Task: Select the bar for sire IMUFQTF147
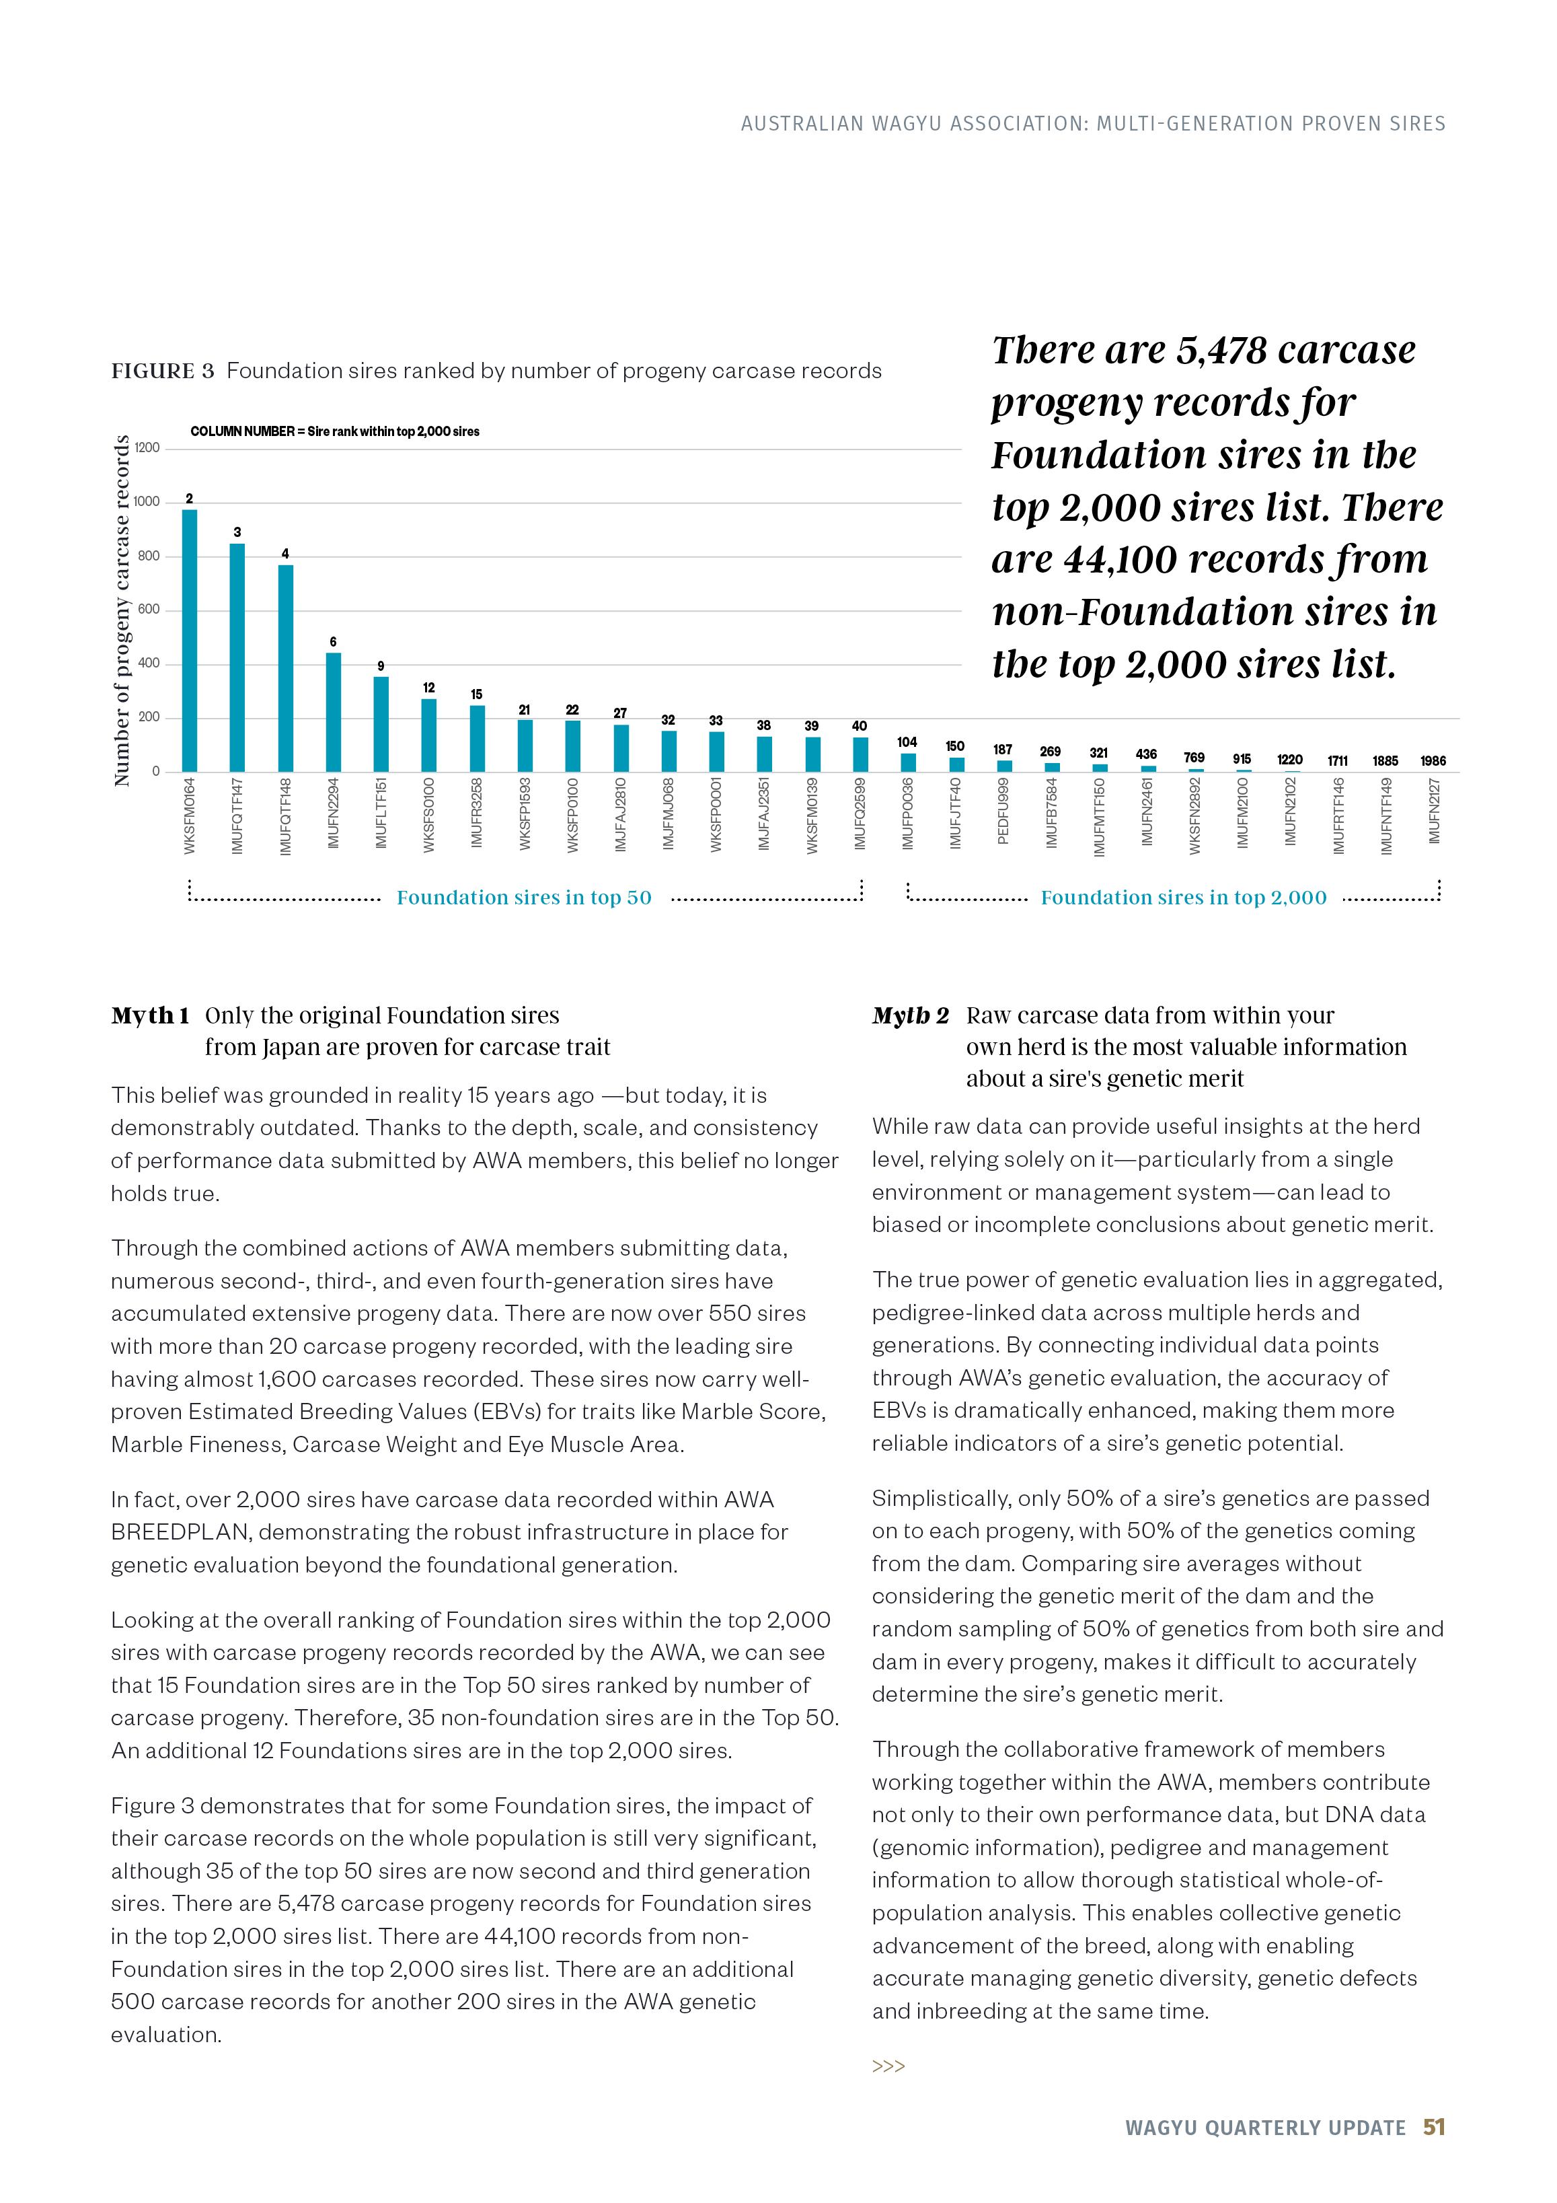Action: click(x=237, y=657)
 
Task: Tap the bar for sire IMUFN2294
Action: click(x=333, y=712)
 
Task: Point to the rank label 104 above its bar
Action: click(x=907, y=742)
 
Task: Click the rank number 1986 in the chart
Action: click(x=1433, y=761)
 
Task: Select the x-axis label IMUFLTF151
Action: click(x=381, y=813)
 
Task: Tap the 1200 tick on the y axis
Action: click(x=147, y=448)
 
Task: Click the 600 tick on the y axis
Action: click(x=147, y=610)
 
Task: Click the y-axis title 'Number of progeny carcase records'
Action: click(x=121, y=610)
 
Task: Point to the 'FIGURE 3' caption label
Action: click(x=162, y=371)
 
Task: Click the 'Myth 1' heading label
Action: click(x=150, y=1015)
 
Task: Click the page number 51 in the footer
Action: click(x=1433, y=2154)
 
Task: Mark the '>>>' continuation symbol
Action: click(x=888, y=2066)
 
